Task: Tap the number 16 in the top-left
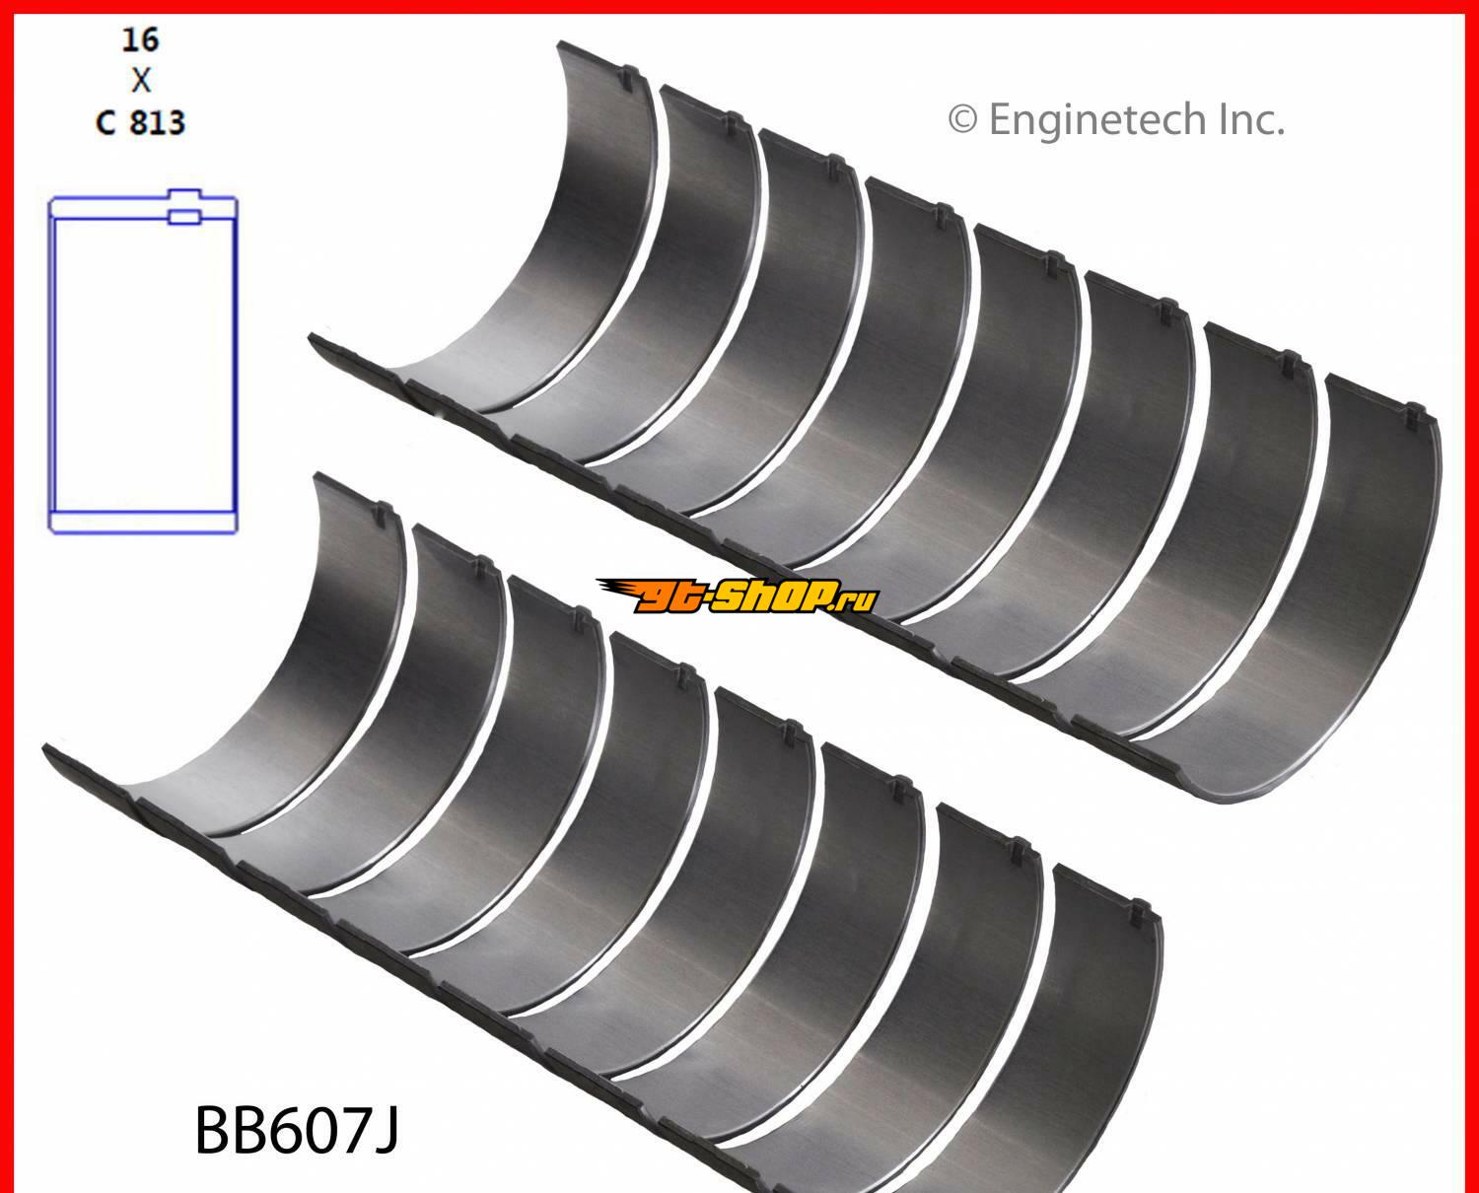(140, 39)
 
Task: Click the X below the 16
(141, 81)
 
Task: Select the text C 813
(141, 123)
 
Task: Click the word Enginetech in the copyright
(1097, 121)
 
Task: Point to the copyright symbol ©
(963, 120)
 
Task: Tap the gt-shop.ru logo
(737, 596)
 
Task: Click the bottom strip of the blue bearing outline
(143, 522)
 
